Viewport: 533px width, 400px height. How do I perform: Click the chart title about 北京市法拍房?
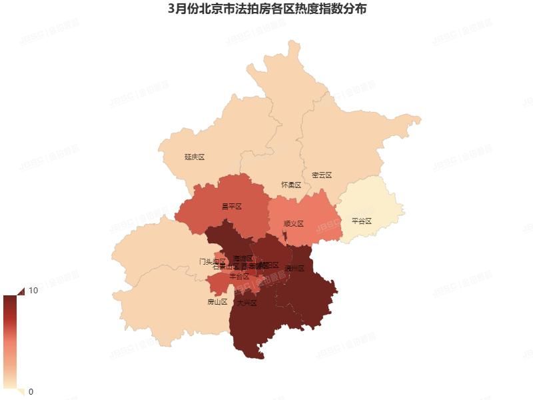pos(266,10)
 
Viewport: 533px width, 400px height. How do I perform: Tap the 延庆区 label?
pos(195,157)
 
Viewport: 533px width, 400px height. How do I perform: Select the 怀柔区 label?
pos(291,184)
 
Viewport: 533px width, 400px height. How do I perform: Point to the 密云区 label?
pos(322,175)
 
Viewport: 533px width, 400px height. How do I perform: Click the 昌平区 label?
pos(231,207)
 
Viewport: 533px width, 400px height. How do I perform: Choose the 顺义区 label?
pos(293,224)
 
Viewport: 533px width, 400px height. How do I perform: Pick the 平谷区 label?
pos(361,221)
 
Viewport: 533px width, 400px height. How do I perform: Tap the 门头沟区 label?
pos(213,261)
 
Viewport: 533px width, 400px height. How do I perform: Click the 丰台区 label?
pos(239,276)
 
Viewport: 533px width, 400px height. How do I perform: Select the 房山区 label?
pos(217,302)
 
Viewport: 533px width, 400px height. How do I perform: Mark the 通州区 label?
pos(294,269)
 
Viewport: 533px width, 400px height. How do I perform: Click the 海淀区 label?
pos(243,257)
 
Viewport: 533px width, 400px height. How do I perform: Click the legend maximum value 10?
pos(33,291)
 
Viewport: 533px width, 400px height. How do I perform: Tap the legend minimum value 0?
pos(31,391)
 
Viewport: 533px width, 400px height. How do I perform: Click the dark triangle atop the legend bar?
pos(19,291)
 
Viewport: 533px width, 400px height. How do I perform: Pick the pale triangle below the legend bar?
pos(19,391)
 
